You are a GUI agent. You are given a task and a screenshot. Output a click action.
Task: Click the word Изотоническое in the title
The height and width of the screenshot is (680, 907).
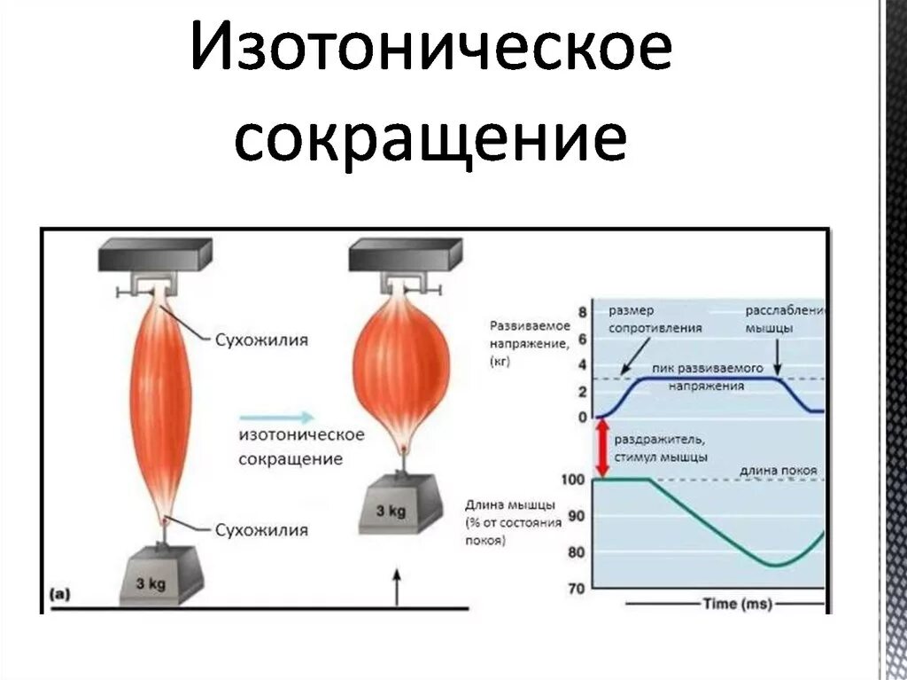(430, 56)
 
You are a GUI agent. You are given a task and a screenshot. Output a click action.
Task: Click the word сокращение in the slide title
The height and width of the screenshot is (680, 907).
(430, 142)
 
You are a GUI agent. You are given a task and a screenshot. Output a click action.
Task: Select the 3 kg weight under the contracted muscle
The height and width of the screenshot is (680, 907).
(392, 506)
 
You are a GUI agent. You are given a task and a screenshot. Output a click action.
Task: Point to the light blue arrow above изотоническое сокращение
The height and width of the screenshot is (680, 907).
(276, 416)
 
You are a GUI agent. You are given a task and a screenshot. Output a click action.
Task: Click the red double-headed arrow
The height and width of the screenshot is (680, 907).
(602, 449)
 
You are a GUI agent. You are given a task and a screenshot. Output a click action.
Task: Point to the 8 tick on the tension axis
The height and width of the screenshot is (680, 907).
(582, 312)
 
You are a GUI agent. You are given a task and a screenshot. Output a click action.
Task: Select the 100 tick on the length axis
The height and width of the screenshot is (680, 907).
(574, 480)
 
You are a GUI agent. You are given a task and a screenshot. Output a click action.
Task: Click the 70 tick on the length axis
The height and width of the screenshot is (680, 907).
(577, 588)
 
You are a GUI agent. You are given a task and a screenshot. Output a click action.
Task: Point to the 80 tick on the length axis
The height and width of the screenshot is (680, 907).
(577, 552)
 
